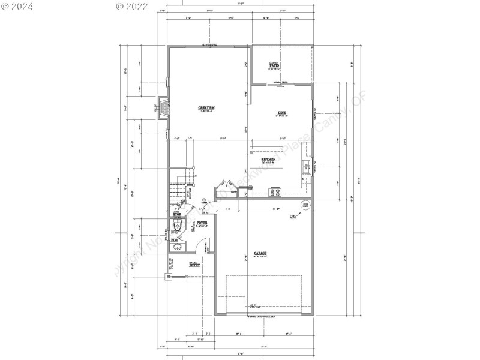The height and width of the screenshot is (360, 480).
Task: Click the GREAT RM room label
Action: point(206,107)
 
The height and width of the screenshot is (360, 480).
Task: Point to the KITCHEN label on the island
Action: point(268,160)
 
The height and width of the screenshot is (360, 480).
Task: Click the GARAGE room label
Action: point(260,253)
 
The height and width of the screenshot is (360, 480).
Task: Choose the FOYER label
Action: point(202,223)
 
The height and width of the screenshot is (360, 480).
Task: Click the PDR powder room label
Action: point(175,241)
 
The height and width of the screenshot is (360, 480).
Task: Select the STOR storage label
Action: point(177,213)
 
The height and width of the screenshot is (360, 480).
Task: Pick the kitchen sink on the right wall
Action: point(307,166)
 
